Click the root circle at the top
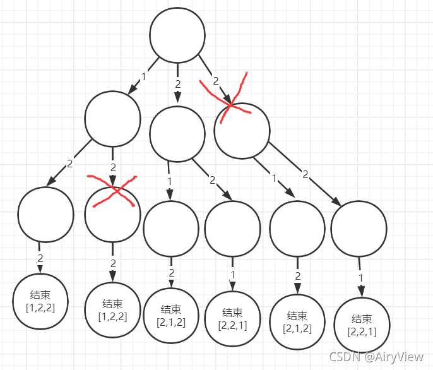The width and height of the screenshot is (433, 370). pyautogui.click(x=177, y=36)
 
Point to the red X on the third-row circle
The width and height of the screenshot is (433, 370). pyautogui.click(x=112, y=191)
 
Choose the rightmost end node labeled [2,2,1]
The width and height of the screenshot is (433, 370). pyautogui.click(x=362, y=325)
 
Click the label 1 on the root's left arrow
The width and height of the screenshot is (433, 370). pyautogui.click(x=143, y=78)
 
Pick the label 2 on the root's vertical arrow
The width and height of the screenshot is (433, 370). pyautogui.click(x=178, y=83)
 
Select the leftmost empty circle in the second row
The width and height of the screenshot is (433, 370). pyautogui.click(x=112, y=119)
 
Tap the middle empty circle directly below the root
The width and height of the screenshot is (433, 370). pyautogui.click(x=177, y=133)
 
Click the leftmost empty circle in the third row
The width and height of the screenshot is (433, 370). pyautogui.click(x=45, y=214)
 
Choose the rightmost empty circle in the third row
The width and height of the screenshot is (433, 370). pyautogui.click(x=358, y=229)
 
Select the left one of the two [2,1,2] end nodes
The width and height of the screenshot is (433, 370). pyautogui.click(x=171, y=316)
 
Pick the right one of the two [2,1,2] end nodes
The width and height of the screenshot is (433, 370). pyautogui.click(x=297, y=321)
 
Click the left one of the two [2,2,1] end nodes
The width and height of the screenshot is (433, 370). pyautogui.click(x=232, y=318)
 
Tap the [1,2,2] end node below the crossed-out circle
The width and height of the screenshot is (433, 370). pyautogui.click(x=112, y=310)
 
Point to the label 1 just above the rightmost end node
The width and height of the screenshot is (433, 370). pyautogui.click(x=361, y=277)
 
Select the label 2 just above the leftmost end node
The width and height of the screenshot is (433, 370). pyautogui.click(x=40, y=258)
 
